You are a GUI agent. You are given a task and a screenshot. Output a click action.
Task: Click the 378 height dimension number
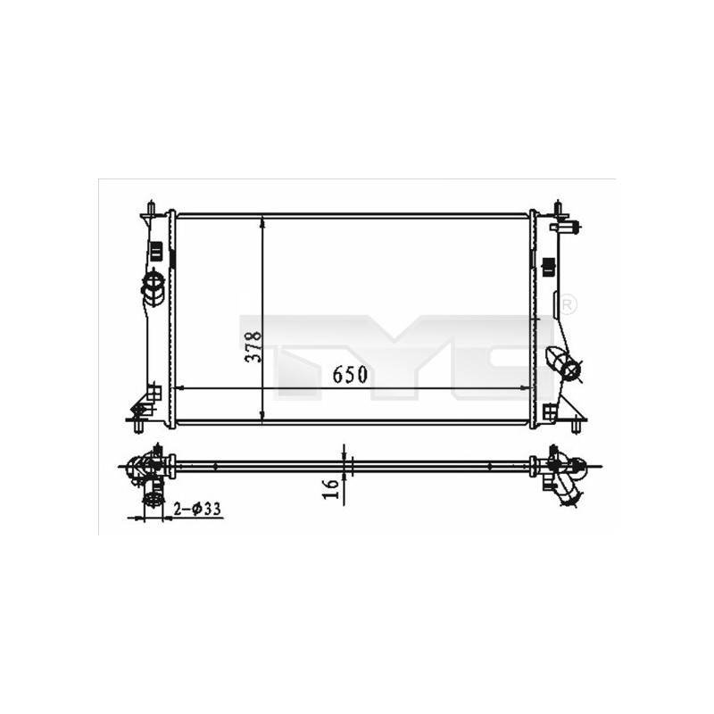tap(253, 346)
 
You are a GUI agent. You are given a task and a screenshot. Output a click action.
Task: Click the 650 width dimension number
tap(350, 375)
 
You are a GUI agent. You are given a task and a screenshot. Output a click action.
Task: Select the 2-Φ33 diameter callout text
tap(197, 509)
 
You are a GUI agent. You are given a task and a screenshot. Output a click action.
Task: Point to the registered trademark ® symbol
tap(569, 305)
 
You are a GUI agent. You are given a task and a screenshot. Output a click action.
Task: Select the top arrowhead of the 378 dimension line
tap(262, 220)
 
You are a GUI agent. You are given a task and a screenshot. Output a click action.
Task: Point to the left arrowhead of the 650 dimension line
tap(181, 388)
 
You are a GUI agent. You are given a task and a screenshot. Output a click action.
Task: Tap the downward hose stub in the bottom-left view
tap(154, 494)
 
